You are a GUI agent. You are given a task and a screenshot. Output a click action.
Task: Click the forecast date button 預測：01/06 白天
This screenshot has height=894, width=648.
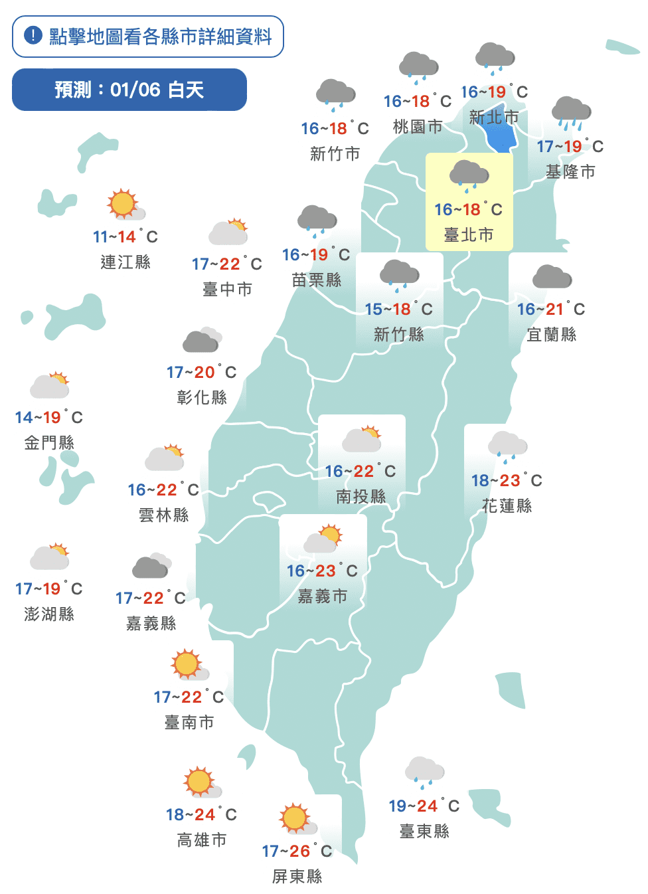pos(129,90)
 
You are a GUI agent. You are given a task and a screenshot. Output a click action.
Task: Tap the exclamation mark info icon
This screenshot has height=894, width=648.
pos(33,35)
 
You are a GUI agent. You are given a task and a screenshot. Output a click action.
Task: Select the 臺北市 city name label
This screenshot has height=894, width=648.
pos(469,234)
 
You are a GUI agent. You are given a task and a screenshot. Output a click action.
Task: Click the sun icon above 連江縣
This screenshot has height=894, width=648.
pos(123,204)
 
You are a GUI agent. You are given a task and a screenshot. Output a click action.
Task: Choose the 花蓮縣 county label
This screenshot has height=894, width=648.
pos(507,506)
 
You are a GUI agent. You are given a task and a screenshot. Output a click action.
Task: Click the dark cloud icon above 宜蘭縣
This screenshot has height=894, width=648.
pos(552,277)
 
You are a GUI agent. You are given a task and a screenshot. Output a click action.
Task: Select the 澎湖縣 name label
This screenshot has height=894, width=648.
pos(49,614)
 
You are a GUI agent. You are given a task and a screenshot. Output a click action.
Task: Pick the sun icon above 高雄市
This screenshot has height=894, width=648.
pos(201,782)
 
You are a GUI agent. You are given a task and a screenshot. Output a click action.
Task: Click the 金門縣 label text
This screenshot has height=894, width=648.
pos(49,443)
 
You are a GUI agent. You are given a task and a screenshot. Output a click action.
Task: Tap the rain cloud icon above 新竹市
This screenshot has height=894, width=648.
pos(335,95)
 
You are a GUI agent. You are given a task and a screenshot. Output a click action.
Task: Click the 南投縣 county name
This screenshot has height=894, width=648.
pos(361,497)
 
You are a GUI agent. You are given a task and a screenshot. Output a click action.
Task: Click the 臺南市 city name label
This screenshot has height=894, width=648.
pos(189,723)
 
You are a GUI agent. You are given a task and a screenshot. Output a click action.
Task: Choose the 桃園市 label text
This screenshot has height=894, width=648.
pos(418,127)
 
